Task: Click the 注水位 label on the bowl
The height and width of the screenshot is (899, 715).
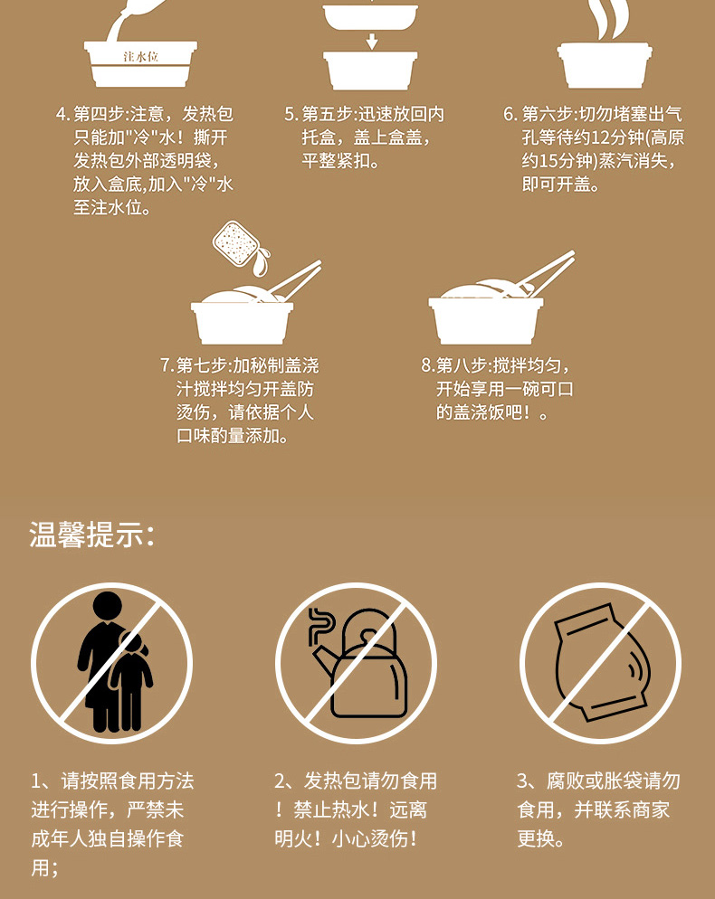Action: coord(140,57)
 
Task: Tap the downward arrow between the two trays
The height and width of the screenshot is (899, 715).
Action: coord(372,41)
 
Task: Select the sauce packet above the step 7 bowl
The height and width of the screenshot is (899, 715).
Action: coord(234,243)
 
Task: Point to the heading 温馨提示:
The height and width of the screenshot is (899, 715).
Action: coord(91,535)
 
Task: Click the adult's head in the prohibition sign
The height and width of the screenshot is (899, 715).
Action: coord(108,607)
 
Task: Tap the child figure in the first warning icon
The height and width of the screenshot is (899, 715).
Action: coord(132,682)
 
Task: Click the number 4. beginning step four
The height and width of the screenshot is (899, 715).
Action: coord(62,114)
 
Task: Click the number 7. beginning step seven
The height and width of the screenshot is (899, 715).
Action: coord(167,365)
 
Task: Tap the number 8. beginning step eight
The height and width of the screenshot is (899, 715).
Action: coord(427,365)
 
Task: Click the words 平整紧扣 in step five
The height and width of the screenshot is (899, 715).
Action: coord(337,161)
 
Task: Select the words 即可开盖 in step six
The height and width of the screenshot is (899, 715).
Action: coord(556,185)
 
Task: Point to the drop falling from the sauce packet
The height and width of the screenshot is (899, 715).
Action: coord(261,263)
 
